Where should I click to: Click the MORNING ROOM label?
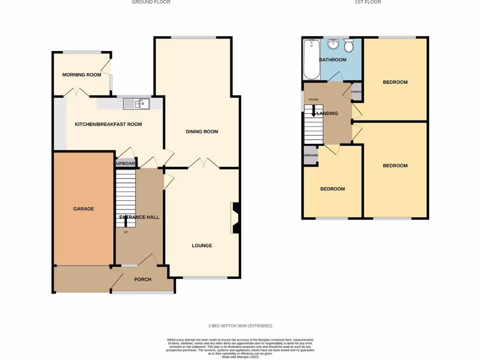(82, 75)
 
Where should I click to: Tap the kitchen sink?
(136, 104)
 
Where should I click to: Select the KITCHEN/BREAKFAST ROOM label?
(108, 124)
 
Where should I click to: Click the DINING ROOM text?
(202, 132)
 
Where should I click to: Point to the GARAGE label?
(83, 209)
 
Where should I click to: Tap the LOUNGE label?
(202, 246)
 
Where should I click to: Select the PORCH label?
(142, 279)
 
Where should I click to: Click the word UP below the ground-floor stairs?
(126, 232)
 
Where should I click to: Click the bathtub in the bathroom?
(312, 59)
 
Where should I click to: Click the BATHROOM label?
(332, 60)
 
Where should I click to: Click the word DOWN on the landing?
(314, 99)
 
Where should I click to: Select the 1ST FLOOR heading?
(368, 2)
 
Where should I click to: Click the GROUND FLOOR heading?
(151, 2)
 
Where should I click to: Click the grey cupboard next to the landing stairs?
(310, 157)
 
